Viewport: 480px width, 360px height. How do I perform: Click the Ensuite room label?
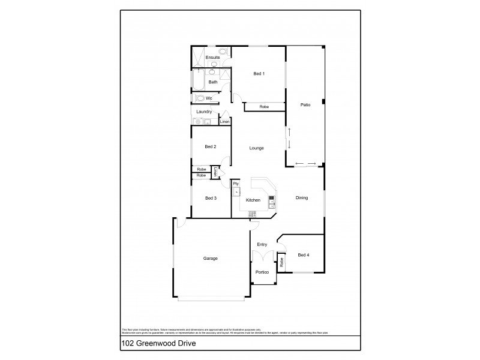pyautogui.click(x=212, y=58)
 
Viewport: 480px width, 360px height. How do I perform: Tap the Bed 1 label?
pyautogui.click(x=259, y=74)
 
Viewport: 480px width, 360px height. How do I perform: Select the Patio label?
pyautogui.click(x=305, y=106)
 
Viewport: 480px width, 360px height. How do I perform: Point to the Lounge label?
pyautogui.click(x=257, y=148)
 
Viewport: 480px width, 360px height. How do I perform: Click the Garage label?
pyautogui.click(x=210, y=259)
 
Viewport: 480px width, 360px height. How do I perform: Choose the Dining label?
pyautogui.click(x=301, y=198)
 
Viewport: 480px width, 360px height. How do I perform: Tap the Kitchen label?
pyautogui.click(x=253, y=199)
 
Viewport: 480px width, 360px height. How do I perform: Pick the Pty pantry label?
pyautogui.click(x=236, y=184)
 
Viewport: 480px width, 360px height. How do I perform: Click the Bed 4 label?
pyautogui.click(x=305, y=256)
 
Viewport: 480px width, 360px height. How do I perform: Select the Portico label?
pyautogui.click(x=262, y=271)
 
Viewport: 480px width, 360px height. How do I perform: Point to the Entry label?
pyautogui.click(x=262, y=245)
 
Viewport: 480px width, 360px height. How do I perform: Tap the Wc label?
pyautogui.click(x=209, y=98)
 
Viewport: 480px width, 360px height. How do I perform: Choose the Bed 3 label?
pyautogui.click(x=210, y=199)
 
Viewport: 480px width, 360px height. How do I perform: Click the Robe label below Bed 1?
pyautogui.click(x=264, y=107)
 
